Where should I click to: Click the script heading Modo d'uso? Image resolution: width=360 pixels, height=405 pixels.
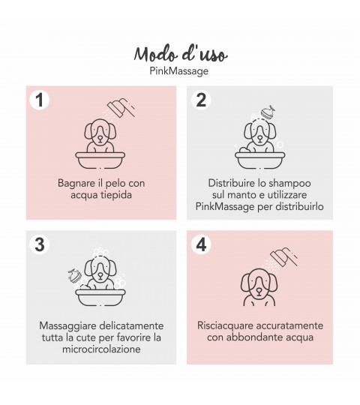pyautogui.click(x=181, y=54)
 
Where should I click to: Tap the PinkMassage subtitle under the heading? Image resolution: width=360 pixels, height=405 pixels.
pyautogui.click(x=179, y=71)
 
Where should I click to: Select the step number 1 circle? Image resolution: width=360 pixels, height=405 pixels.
pyautogui.click(x=40, y=100)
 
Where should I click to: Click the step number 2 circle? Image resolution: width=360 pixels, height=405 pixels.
pyautogui.click(x=201, y=100)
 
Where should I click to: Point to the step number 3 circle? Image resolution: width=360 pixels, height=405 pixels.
pyautogui.click(x=40, y=244)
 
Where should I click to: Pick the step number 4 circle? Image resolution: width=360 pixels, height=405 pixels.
pyautogui.click(x=201, y=244)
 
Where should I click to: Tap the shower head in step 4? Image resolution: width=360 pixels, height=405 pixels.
pyautogui.click(x=283, y=257)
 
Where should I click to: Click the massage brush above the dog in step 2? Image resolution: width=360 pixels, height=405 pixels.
pyautogui.click(x=268, y=112)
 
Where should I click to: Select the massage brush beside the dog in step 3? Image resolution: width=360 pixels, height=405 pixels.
pyautogui.click(x=75, y=276)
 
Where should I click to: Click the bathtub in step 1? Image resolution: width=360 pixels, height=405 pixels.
pyautogui.click(x=100, y=160)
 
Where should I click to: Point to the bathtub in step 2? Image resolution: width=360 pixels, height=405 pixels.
pyautogui.click(x=260, y=160)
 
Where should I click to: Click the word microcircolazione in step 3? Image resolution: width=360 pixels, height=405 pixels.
pyautogui.click(x=101, y=349)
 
